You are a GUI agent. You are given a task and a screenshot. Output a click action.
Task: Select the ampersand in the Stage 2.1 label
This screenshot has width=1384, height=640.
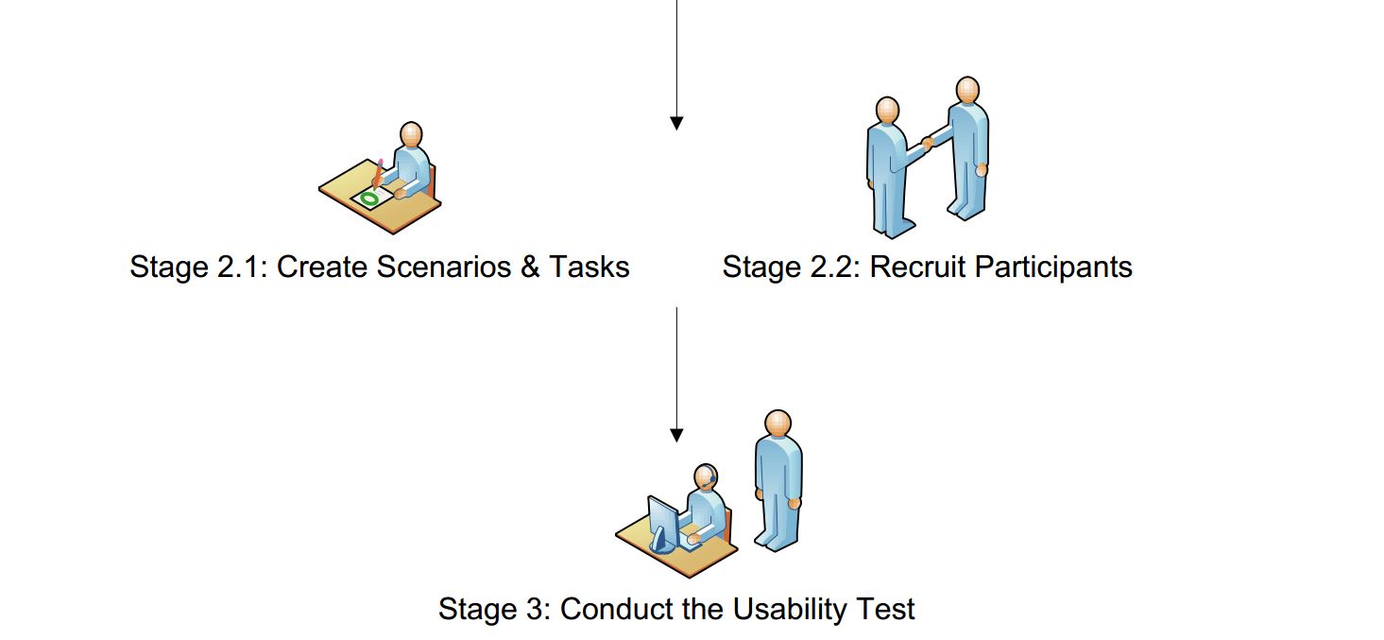pyautogui.click(x=529, y=268)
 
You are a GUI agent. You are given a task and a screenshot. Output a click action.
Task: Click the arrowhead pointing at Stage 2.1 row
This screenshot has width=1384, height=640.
pyautogui.click(x=676, y=123)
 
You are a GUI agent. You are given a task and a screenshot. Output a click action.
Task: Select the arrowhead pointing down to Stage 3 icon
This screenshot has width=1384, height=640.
pyautogui.click(x=676, y=435)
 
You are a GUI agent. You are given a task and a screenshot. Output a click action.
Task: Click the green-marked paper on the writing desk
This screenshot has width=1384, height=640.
pyautogui.click(x=371, y=198)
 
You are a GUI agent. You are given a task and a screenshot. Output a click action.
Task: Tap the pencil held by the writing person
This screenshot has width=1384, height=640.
pyautogui.click(x=379, y=172)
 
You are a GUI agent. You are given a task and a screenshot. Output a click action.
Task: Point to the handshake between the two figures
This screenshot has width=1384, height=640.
pyautogui.click(x=928, y=143)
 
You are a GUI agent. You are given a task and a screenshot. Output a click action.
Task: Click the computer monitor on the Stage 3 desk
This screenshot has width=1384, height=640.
pyautogui.click(x=662, y=521)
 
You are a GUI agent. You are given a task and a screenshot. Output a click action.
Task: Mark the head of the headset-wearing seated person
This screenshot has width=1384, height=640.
pyautogui.click(x=706, y=476)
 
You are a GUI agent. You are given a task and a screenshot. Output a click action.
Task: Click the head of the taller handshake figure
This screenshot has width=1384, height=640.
pyautogui.click(x=966, y=90)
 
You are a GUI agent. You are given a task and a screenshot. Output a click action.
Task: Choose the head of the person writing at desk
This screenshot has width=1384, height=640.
pyautogui.click(x=410, y=133)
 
